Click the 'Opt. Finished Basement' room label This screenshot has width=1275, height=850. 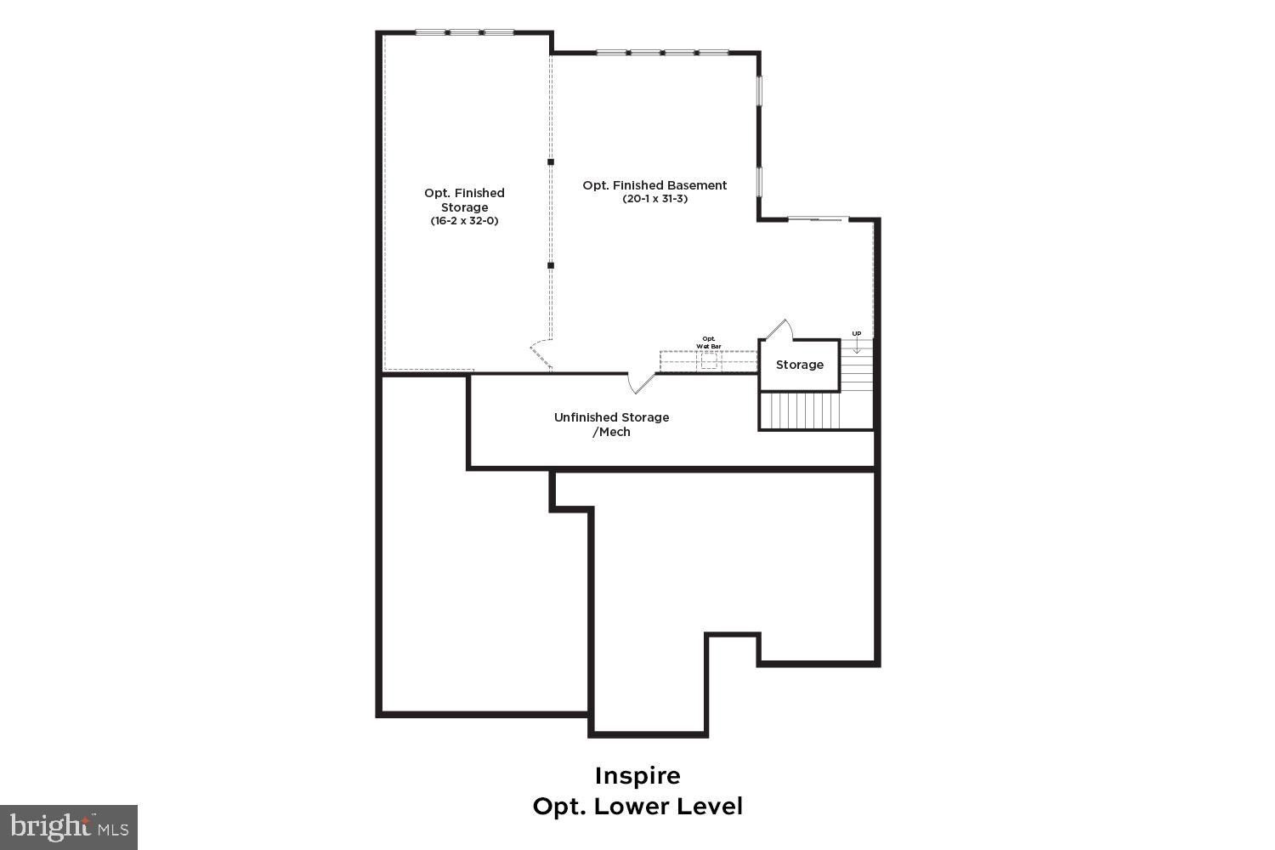(x=654, y=185)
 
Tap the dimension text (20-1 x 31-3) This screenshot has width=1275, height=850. (x=654, y=199)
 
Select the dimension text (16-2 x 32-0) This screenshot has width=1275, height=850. (x=464, y=221)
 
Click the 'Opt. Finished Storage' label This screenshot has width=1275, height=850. (x=464, y=200)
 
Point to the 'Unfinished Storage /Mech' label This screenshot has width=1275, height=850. (x=611, y=424)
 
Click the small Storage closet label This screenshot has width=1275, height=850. (x=799, y=365)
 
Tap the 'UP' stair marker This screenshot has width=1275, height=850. (x=856, y=333)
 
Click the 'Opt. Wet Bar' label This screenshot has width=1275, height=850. (x=709, y=343)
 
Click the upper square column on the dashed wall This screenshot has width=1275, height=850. (x=551, y=161)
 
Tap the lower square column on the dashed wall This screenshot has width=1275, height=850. (x=551, y=265)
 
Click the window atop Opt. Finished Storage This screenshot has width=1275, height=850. (x=464, y=32)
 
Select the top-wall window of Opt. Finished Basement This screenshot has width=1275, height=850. (x=661, y=53)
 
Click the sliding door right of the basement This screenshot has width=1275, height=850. (x=817, y=219)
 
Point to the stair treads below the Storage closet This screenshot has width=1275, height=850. (x=799, y=411)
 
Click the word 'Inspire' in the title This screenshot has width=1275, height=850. (x=637, y=776)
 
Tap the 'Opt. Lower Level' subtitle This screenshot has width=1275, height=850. (x=637, y=806)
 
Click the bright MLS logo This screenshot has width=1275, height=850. (x=68, y=827)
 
